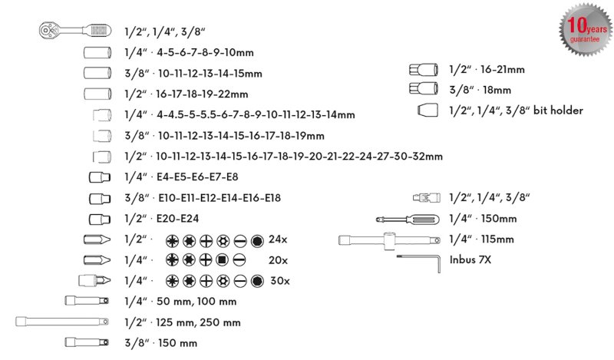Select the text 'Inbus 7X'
click(x=470, y=260)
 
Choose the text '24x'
click(x=277, y=239)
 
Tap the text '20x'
click(x=277, y=260)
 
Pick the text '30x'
click(x=277, y=281)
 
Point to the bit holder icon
click(x=426, y=111)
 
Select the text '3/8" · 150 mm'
click(x=160, y=343)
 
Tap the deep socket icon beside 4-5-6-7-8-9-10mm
click(x=97, y=53)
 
